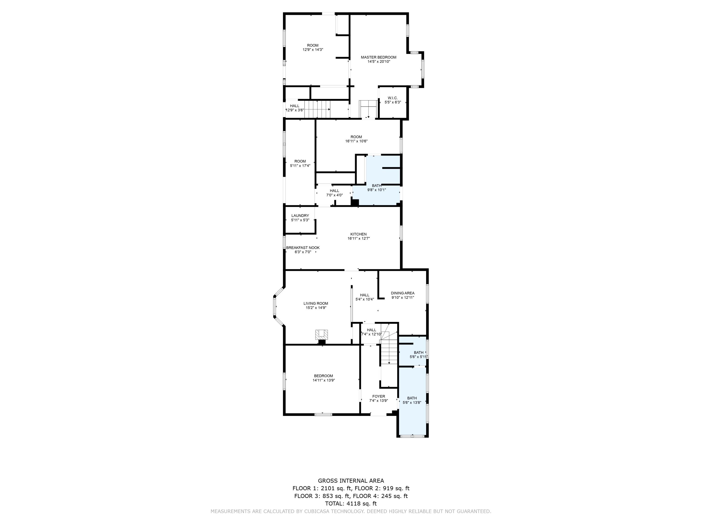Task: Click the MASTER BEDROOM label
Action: (x=378, y=57)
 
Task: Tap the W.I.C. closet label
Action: (x=393, y=98)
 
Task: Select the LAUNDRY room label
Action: (x=300, y=216)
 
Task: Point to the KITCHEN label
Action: (x=358, y=234)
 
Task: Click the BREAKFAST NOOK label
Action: (x=303, y=248)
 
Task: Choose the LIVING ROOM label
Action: (x=315, y=303)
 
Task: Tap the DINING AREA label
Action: (x=402, y=293)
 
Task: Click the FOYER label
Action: (x=378, y=396)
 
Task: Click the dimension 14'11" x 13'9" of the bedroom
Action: (x=323, y=380)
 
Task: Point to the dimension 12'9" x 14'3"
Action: (x=313, y=50)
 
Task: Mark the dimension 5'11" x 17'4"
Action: (x=300, y=166)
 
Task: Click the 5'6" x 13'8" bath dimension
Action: (x=412, y=403)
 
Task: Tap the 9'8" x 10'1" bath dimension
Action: (x=376, y=190)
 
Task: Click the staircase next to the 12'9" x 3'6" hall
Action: (x=317, y=109)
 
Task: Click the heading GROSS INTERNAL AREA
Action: (x=351, y=481)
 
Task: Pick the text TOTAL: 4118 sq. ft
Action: (x=351, y=504)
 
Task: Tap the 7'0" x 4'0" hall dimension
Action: (x=334, y=195)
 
